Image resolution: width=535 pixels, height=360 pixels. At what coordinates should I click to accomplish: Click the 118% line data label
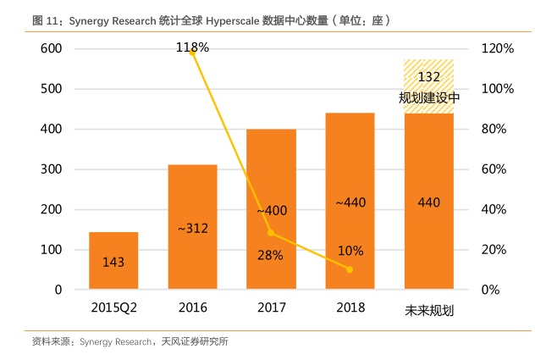pyautogui.click(x=192, y=47)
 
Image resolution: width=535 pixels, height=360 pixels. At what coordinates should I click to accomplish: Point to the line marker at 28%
pyautogui.click(x=271, y=233)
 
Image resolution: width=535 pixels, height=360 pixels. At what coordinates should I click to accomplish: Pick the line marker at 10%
pyautogui.click(x=350, y=269)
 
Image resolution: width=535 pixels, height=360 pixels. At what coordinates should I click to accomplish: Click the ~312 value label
pyautogui.click(x=192, y=227)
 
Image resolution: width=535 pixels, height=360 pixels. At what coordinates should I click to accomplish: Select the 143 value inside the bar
pyautogui.click(x=113, y=263)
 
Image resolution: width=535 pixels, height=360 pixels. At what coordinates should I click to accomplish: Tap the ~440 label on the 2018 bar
pyautogui.click(x=350, y=202)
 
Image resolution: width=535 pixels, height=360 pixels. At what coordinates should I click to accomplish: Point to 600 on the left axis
pyautogui.click(x=52, y=49)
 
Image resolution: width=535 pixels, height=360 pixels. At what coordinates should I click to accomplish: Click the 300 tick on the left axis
pyautogui.click(x=52, y=169)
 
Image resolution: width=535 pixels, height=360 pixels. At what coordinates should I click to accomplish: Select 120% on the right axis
pyautogui.click(x=498, y=49)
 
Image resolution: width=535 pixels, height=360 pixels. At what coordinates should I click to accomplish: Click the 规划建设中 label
pyautogui.click(x=429, y=97)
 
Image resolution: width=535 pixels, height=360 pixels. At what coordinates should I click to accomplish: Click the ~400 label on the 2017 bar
pyautogui.click(x=271, y=210)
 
